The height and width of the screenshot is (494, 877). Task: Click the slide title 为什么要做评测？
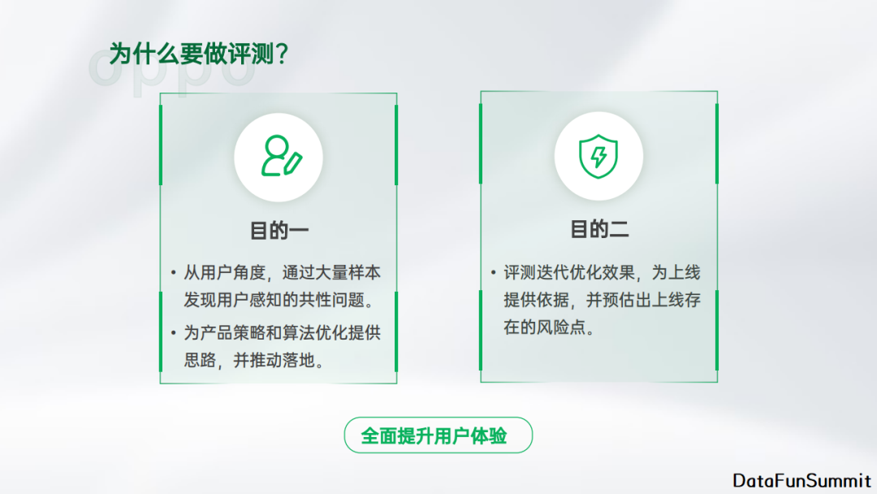[x=201, y=54]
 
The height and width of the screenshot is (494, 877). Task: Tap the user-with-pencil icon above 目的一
[x=279, y=157]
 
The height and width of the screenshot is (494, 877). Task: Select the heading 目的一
[x=279, y=231]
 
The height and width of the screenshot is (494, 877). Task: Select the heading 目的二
[x=599, y=230]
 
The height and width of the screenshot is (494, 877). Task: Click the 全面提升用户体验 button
[x=438, y=435]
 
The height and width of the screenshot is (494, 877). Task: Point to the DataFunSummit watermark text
[x=801, y=480]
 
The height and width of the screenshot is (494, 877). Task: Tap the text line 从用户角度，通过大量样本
[x=282, y=273]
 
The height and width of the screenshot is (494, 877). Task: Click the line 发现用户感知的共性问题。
[x=279, y=301]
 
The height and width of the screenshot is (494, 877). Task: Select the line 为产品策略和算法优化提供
[x=282, y=332]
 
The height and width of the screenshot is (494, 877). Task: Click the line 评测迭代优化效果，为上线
[x=602, y=272]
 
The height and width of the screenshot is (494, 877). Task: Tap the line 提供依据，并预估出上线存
[x=602, y=301]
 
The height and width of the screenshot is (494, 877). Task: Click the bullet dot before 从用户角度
[x=173, y=273]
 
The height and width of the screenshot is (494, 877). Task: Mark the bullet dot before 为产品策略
[x=173, y=332]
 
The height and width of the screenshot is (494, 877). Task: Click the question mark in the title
[x=281, y=54]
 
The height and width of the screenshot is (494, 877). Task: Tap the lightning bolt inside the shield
[x=598, y=156]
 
